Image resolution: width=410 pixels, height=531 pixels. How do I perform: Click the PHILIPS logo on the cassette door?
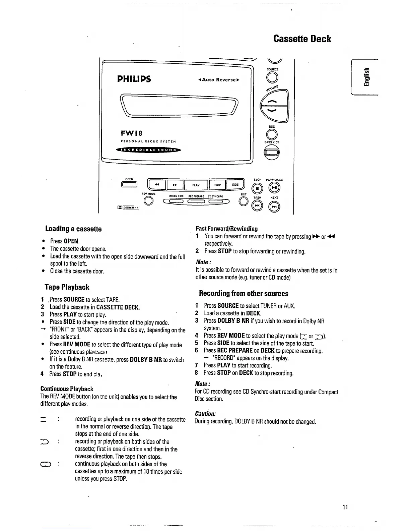click(x=134, y=79)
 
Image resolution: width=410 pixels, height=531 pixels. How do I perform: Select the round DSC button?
click(x=272, y=134)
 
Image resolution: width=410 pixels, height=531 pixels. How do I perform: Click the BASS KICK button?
click(x=272, y=153)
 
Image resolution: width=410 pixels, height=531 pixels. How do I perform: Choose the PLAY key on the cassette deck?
click(x=196, y=185)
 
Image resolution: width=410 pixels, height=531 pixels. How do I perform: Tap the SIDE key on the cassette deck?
click(x=235, y=185)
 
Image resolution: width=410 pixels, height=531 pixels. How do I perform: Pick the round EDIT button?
click(x=244, y=201)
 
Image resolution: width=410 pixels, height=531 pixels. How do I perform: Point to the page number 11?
click(x=345, y=507)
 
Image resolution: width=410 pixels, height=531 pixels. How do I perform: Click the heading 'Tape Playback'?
click(x=67, y=287)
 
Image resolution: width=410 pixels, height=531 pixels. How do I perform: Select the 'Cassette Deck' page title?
click(x=302, y=39)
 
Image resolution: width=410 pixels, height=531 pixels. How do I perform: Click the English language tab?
click(x=367, y=77)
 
